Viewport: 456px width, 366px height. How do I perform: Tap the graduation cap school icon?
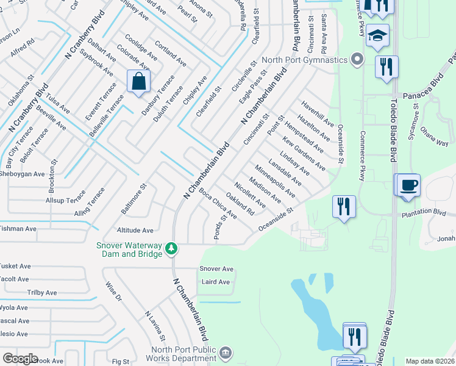[377, 35]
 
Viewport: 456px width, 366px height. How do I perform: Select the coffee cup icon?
[408, 184]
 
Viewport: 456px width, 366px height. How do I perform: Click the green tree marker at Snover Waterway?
[172, 249]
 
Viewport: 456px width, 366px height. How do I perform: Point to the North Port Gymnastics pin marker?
[357, 60]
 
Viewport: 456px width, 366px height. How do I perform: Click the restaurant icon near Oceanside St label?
[344, 206]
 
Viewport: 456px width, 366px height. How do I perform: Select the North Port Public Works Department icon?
[225, 353]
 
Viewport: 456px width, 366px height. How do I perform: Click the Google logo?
[21, 359]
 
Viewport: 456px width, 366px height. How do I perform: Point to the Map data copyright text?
[430, 361]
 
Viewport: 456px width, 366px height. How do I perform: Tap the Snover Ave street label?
[216, 269]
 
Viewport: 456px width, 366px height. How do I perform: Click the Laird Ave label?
[216, 282]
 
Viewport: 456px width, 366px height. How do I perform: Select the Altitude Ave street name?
[135, 231]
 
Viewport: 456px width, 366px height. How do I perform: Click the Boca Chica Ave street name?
[218, 203]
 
